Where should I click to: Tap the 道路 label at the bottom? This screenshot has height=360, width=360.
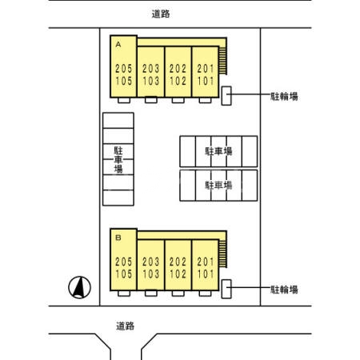pos(125,326)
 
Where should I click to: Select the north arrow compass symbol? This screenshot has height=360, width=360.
pos(79,286)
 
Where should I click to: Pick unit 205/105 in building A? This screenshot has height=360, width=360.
pos(123,74)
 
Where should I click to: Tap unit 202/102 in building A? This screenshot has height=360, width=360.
pos(178,74)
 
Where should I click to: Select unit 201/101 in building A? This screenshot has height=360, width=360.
pos(205,74)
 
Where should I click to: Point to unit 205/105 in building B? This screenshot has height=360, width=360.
pos(123,266)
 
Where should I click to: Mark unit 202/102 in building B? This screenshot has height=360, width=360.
pos(178,266)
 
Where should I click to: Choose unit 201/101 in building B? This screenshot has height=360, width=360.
pos(205,266)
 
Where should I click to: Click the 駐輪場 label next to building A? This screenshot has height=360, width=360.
pos(284,96)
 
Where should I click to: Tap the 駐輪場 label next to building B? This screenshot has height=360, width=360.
pos(284,289)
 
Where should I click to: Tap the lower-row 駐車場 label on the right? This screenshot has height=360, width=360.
pos(218,184)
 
